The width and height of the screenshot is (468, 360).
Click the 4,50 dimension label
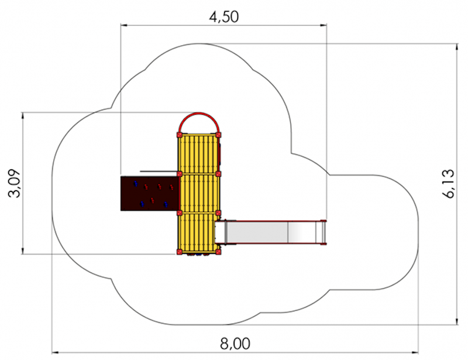click(x=224, y=17)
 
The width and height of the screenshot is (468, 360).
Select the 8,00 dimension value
click(x=235, y=344)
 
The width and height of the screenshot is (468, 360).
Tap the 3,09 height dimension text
click(x=14, y=183)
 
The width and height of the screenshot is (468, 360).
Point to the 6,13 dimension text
click(x=448, y=183)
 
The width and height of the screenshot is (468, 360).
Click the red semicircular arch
click(x=199, y=114)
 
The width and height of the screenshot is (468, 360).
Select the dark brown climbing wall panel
click(x=150, y=193)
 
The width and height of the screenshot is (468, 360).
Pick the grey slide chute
click(x=270, y=232)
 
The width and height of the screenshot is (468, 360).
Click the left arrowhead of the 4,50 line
click(x=124, y=25)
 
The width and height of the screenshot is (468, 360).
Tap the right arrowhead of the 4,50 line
click(x=324, y=25)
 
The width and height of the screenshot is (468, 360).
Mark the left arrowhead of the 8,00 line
click(x=56, y=352)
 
